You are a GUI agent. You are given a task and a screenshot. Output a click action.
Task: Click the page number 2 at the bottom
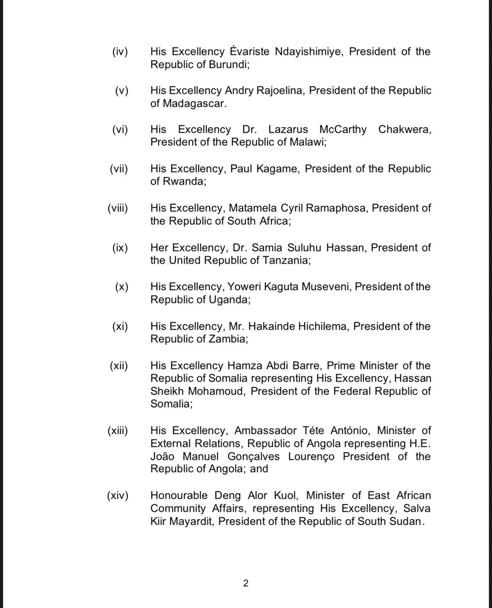[x=246, y=583]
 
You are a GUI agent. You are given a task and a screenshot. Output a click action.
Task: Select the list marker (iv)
[x=120, y=52]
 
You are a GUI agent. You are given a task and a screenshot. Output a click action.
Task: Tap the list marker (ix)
[x=120, y=248]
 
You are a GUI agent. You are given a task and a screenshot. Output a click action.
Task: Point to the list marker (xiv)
[x=117, y=495]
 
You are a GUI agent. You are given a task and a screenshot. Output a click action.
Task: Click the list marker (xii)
[x=119, y=366]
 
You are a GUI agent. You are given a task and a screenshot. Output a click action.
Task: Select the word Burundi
[x=229, y=65]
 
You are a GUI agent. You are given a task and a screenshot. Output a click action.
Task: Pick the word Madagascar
[x=195, y=103]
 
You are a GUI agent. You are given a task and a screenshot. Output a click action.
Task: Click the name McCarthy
[x=343, y=129]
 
